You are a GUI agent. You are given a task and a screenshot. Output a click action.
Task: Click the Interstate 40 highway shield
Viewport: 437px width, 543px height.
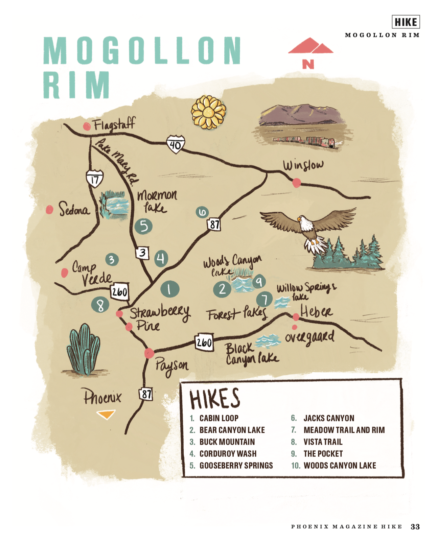(x=175, y=144)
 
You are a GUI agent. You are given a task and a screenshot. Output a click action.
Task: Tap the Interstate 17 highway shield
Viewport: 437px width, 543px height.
(x=94, y=179)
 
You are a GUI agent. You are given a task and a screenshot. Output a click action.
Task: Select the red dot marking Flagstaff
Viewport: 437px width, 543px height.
(x=87, y=126)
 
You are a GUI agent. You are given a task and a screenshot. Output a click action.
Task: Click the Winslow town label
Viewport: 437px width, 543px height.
(x=303, y=165)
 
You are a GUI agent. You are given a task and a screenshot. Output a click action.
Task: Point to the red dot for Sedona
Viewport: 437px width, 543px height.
(x=50, y=210)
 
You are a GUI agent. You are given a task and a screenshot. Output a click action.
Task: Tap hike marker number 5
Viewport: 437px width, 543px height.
(x=143, y=226)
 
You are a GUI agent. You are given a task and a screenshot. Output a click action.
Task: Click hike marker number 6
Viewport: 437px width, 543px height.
(x=202, y=212)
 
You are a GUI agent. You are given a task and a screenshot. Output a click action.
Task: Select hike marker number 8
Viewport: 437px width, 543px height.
(x=100, y=305)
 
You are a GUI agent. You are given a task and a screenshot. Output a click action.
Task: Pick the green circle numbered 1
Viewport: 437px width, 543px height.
(x=169, y=289)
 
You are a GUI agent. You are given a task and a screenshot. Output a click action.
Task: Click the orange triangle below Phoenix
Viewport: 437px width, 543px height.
(x=106, y=414)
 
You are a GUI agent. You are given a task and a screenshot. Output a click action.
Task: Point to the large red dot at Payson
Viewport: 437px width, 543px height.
(x=149, y=353)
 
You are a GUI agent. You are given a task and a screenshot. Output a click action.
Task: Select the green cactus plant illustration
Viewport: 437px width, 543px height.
(x=84, y=350)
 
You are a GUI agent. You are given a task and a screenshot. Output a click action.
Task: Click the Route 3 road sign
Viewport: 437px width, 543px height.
(x=143, y=253)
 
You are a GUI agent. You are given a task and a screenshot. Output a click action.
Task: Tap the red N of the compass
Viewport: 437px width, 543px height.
(x=308, y=64)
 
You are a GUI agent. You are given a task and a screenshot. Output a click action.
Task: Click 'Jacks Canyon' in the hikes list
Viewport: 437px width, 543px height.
(x=328, y=418)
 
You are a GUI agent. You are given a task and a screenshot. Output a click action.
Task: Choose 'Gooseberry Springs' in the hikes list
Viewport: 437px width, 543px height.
(x=236, y=466)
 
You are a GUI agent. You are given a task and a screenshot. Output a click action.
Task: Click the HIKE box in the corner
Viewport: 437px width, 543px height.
(x=406, y=22)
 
